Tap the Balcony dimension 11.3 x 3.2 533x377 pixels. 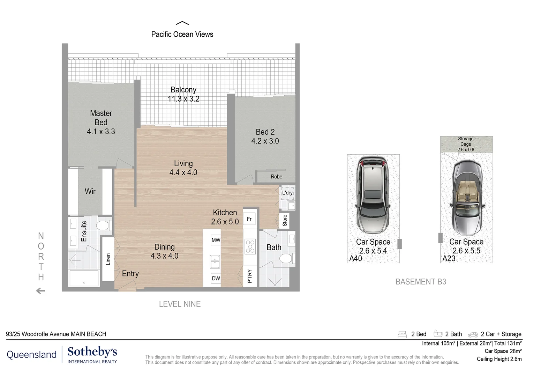click(x=183, y=98)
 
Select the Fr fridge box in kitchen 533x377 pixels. click(x=249, y=219)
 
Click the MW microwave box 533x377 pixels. click(x=216, y=240)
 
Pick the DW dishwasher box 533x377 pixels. click(x=216, y=278)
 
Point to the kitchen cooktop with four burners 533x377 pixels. click(x=250, y=246)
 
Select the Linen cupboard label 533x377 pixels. click(x=108, y=259)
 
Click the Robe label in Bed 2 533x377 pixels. click(x=276, y=177)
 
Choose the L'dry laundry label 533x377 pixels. click(x=287, y=193)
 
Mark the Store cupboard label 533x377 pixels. click(x=285, y=220)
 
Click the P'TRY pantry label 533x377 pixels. click(x=250, y=276)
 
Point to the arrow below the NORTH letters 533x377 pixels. click(x=40, y=290)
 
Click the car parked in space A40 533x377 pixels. click(x=373, y=194)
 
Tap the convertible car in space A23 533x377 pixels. click(x=466, y=198)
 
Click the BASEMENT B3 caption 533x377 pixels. click(x=421, y=282)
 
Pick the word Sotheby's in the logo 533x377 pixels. click(x=92, y=352)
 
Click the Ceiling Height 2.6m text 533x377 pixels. click(x=499, y=359)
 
